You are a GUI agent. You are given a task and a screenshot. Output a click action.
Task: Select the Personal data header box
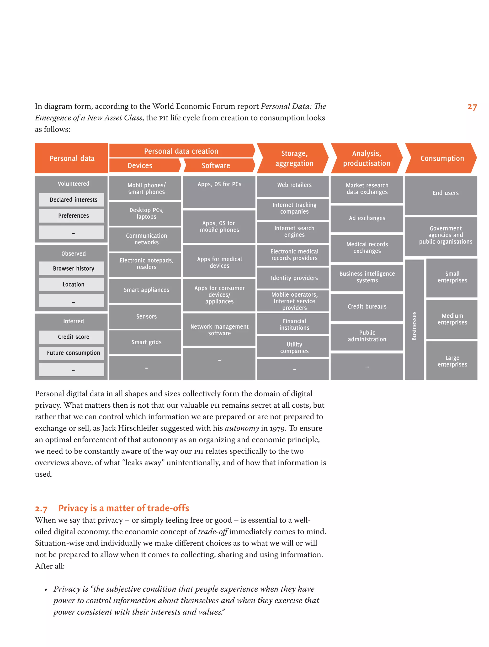click(71, 158)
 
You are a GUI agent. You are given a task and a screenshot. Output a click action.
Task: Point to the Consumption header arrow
click(441, 158)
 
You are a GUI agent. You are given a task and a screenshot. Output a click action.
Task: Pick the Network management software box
click(219, 330)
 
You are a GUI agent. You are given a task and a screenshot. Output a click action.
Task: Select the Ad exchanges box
click(367, 218)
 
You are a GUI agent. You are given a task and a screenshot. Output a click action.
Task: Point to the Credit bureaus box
click(367, 306)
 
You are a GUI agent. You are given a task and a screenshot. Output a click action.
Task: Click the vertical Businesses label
click(414, 326)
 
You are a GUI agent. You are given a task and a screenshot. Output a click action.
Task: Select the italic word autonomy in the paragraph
click(242, 428)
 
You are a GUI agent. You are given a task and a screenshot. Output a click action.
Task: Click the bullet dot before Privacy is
click(46, 590)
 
